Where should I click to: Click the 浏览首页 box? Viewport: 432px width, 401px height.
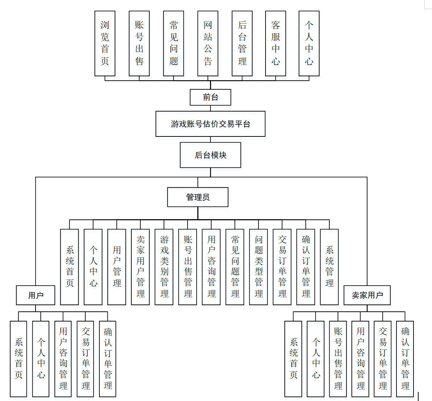click(x=105, y=43)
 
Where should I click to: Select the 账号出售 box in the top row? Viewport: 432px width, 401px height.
click(x=139, y=43)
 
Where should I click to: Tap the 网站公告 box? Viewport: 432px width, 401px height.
click(x=208, y=43)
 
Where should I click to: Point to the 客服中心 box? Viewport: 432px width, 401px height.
click(x=276, y=43)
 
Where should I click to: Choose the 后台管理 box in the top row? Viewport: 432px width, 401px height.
click(x=242, y=43)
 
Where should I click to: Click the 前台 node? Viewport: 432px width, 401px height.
click(x=210, y=97)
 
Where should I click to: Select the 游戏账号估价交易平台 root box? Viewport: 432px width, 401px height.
click(x=210, y=124)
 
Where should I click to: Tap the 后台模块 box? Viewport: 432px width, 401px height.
click(x=210, y=155)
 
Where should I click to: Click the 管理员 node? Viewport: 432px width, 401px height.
click(x=198, y=197)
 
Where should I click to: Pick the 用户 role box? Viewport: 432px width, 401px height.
click(x=36, y=295)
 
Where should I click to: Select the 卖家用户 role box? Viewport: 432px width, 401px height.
click(x=367, y=295)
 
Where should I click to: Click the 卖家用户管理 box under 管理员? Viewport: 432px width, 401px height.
click(x=140, y=267)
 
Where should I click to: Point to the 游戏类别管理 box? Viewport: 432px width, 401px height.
click(x=164, y=267)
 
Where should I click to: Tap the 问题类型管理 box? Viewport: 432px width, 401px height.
click(x=259, y=267)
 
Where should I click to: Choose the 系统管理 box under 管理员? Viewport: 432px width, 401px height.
click(x=329, y=267)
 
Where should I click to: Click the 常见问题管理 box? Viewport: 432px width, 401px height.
click(x=235, y=267)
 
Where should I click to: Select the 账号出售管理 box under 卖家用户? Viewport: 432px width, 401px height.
click(x=338, y=359)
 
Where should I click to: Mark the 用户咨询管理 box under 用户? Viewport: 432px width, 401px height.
click(x=63, y=359)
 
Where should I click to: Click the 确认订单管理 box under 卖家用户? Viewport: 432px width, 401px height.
click(x=405, y=359)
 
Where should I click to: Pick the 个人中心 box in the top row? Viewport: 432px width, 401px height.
click(x=309, y=43)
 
